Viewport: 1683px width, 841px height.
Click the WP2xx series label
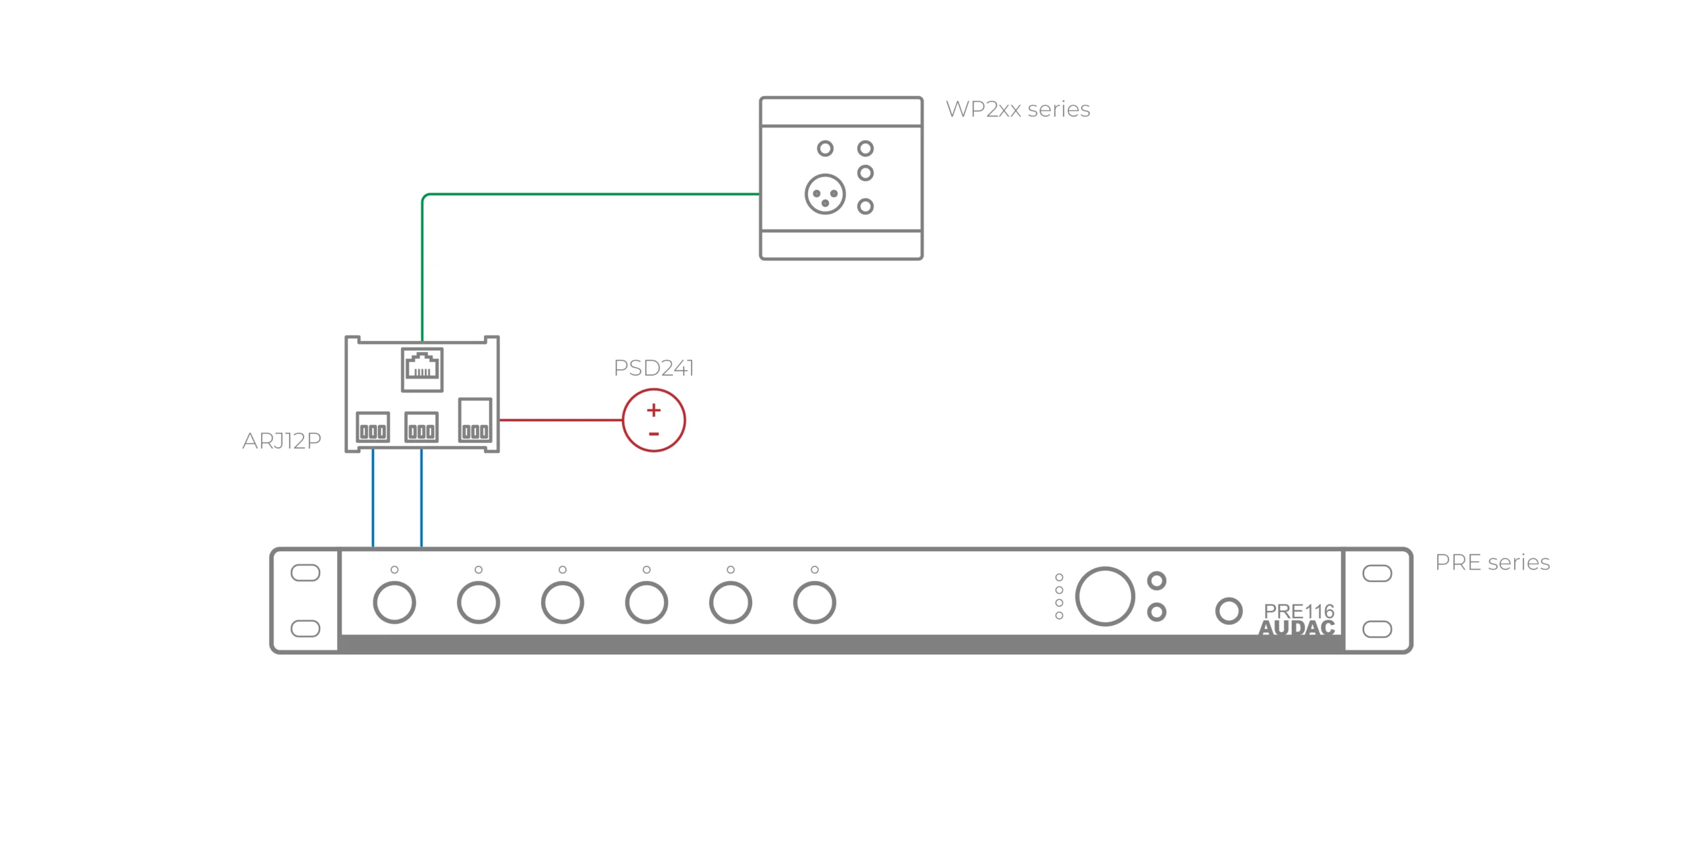(x=1017, y=109)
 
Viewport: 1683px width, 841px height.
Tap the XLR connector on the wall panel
(x=824, y=194)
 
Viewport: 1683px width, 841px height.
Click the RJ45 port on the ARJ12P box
(x=422, y=369)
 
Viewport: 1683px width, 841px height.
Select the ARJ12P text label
(x=281, y=441)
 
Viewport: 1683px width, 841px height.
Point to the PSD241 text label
(x=653, y=368)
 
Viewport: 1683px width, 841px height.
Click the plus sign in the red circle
(x=653, y=410)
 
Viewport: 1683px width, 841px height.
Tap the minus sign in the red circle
(x=653, y=434)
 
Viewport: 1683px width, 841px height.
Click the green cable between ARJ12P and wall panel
(x=592, y=194)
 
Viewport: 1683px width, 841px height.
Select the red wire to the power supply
(x=560, y=420)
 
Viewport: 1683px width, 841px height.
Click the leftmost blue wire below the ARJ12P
(x=373, y=499)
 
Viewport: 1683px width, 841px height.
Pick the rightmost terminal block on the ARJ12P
(x=475, y=420)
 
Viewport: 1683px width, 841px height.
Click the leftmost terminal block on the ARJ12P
(x=373, y=427)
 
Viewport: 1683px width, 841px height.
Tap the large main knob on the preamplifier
(x=1104, y=596)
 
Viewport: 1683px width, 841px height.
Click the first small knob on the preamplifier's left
(x=394, y=602)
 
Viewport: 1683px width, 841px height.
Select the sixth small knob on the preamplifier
(x=814, y=602)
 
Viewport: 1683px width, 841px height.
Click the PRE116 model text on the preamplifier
(x=1298, y=611)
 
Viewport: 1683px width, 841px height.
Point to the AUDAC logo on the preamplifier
(x=1296, y=628)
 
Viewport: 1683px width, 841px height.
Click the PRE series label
(x=1492, y=562)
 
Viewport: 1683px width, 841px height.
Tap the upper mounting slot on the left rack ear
(x=305, y=573)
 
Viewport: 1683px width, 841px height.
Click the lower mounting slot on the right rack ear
(x=1377, y=629)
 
